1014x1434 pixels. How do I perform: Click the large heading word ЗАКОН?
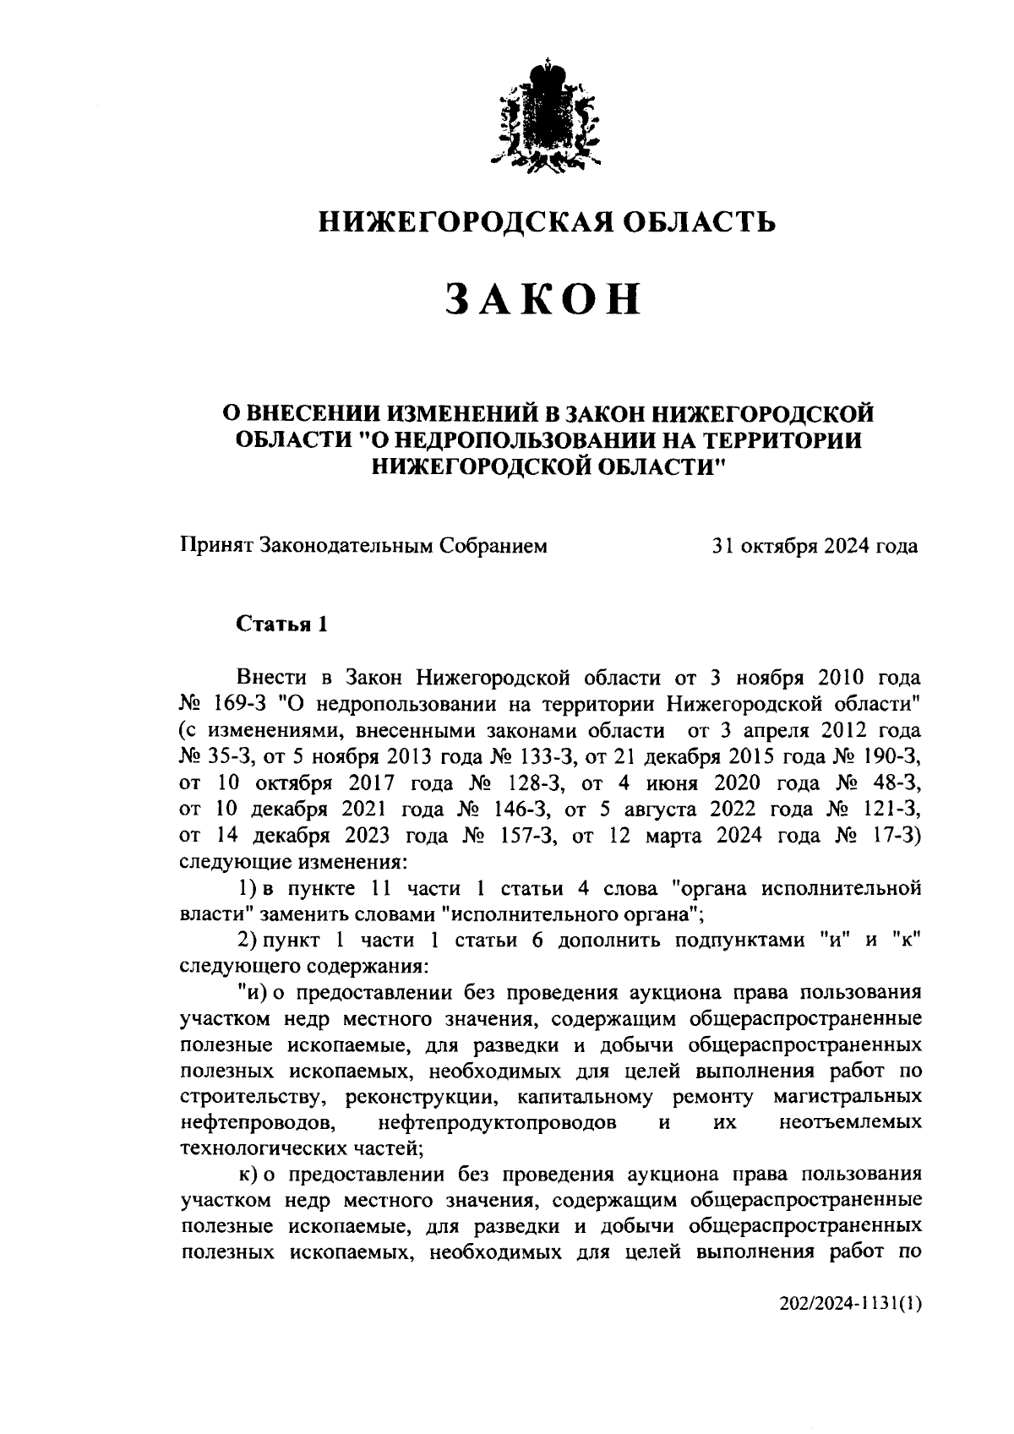coord(542,299)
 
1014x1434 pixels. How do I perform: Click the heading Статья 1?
coord(281,624)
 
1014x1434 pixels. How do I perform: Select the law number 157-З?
coord(529,836)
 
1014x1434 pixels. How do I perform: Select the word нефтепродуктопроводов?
coord(497,1123)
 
